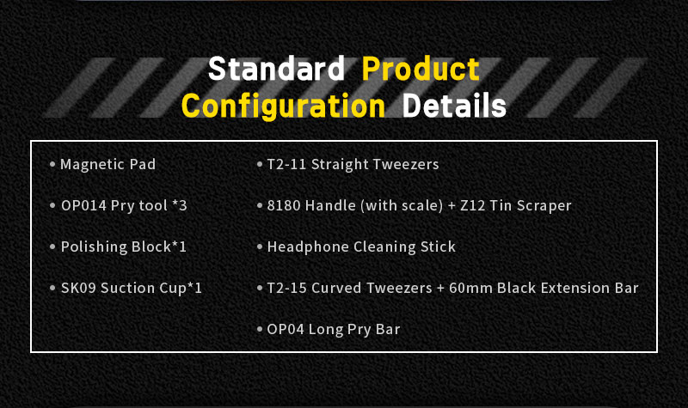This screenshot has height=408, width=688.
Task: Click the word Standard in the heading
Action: pos(276,69)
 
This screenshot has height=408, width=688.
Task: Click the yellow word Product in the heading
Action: pos(421,69)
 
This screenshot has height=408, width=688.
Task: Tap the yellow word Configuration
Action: pos(284,107)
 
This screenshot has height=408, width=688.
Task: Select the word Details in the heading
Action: pos(454,105)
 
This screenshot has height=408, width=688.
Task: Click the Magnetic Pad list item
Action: pos(108,164)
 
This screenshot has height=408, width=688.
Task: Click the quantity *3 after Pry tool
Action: pos(180,205)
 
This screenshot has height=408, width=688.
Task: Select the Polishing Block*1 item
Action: pos(124,247)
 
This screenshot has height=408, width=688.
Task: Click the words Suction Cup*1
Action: pos(151,289)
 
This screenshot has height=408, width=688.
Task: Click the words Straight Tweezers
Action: pos(375,164)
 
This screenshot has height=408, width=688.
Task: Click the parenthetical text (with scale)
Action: pos(402,205)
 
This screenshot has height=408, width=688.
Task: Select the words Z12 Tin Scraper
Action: pos(515,205)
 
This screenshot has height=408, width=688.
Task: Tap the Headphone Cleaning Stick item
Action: pos(361,247)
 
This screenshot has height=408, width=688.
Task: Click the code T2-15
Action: pos(286,288)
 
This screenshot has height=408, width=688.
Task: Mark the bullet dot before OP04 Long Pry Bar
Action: pos(260,329)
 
